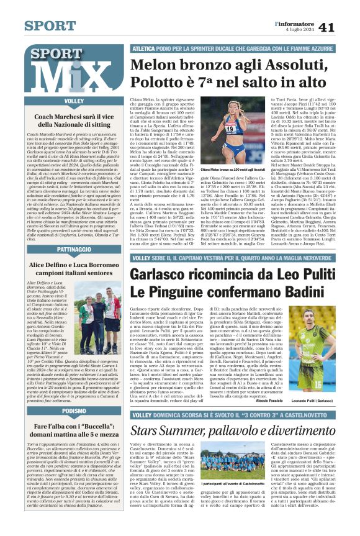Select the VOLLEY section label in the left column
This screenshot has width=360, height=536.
74,101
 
